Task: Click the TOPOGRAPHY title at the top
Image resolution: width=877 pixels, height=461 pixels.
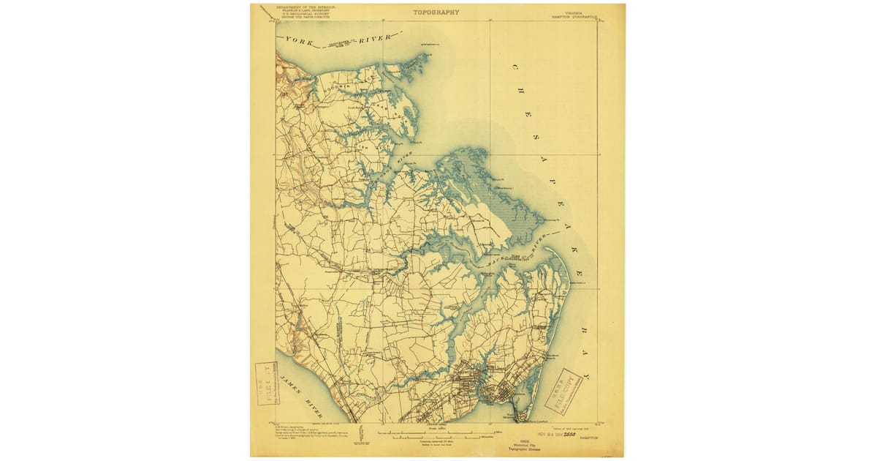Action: point(436,12)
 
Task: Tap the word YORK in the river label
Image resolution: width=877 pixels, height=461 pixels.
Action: point(300,41)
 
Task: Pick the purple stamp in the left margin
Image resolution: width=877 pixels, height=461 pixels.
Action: point(267,383)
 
